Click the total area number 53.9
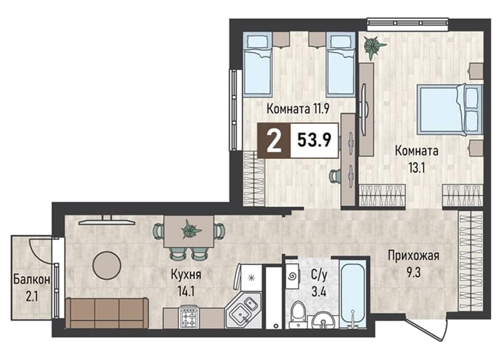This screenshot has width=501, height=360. point(314,140)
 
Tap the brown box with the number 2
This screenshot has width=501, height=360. point(274,140)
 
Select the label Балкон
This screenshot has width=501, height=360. point(32,279)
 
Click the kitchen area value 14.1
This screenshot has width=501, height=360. point(185,292)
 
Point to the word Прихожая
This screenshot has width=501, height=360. point(413,256)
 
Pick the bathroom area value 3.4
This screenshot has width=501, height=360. point(319,292)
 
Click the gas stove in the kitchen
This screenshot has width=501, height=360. point(190,317)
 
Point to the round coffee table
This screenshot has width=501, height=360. point(106,265)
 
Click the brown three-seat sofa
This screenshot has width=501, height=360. point(106,313)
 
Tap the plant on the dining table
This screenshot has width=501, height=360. point(191,229)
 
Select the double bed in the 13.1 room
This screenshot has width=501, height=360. point(450,109)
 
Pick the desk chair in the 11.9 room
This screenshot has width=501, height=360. point(335,175)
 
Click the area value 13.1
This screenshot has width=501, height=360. point(416,167)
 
